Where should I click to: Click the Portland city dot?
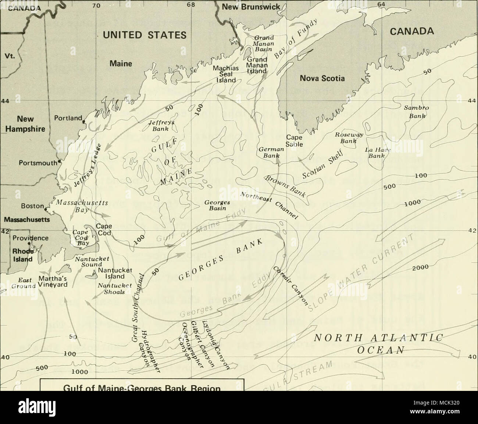click(x=84, y=121)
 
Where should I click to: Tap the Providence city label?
click(x=29, y=238)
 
